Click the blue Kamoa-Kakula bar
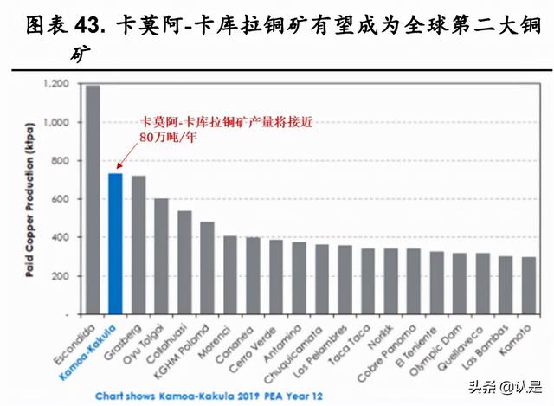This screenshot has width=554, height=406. tap(115, 243)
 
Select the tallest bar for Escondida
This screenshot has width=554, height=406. tap(93, 199)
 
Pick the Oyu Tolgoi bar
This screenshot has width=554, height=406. tap(161, 256)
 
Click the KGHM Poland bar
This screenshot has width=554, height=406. tap(207, 267)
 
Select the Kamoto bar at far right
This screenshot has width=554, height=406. tap(529, 286)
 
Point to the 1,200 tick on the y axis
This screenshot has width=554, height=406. tap(57, 85)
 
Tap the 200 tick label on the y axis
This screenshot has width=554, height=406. tap(62, 276)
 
